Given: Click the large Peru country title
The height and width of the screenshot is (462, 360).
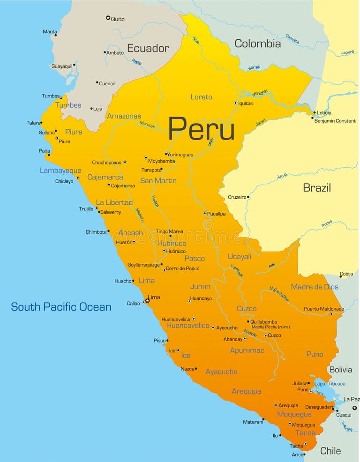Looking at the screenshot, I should [201, 128].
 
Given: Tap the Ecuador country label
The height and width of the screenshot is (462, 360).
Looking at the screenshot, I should [148, 48].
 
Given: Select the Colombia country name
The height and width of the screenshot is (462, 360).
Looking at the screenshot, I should [257, 44].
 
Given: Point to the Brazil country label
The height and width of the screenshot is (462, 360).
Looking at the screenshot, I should [316, 188].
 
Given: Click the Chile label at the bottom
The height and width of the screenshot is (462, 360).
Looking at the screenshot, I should [330, 451].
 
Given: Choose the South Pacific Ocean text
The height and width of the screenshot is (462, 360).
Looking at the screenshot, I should [61, 307].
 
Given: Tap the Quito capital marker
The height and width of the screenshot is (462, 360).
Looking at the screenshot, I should [108, 18].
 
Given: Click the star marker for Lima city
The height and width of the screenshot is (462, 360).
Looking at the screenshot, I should [147, 300].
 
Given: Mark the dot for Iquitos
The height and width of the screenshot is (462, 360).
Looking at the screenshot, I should [236, 103].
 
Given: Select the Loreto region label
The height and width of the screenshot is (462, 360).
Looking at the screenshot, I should [201, 97].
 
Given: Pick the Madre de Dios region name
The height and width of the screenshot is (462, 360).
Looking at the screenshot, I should [314, 287].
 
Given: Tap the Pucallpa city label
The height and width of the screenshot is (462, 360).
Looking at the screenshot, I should [217, 214].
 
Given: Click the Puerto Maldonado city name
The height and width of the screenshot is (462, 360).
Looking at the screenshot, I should [323, 309].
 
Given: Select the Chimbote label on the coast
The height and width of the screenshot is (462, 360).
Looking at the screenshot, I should [96, 232].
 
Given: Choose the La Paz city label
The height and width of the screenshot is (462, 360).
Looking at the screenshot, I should [351, 399].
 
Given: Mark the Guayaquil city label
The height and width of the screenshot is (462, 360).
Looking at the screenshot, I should [62, 66].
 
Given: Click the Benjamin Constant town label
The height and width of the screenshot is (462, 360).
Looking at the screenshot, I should [335, 121].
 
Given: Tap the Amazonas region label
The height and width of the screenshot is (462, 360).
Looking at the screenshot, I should [124, 116].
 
